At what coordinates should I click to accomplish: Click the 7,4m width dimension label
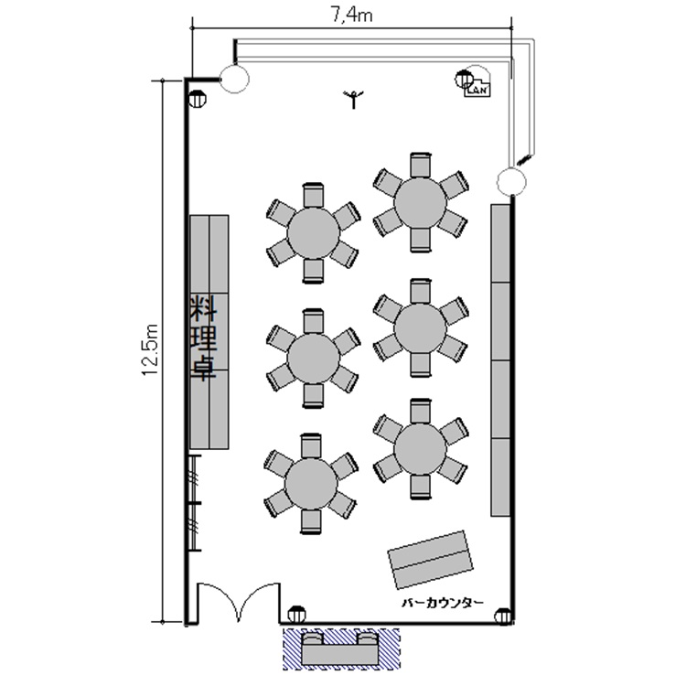(x=351, y=15)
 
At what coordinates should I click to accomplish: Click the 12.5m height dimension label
(x=150, y=349)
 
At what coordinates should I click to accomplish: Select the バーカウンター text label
(x=443, y=603)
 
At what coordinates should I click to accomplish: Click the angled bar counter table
(x=431, y=560)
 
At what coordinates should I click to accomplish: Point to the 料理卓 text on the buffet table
(x=203, y=338)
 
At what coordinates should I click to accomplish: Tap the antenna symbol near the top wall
(x=353, y=100)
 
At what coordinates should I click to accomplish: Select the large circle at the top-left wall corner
(x=234, y=79)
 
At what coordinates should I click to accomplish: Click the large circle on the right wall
(x=511, y=182)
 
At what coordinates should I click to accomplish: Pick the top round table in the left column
(x=313, y=232)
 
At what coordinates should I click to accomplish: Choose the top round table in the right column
(x=420, y=202)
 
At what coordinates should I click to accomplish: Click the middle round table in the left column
(x=313, y=358)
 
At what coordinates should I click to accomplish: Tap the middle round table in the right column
(x=420, y=327)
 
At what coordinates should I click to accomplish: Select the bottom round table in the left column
(x=311, y=484)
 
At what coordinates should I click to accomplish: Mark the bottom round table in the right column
(x=420, y=449)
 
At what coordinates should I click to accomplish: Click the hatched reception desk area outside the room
(x=341, y=648)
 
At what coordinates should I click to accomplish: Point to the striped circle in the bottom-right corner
(x=503, y=616)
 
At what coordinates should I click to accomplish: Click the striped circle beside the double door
(x=296, y=615)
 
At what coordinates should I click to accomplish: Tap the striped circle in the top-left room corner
(x=198, y=100)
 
